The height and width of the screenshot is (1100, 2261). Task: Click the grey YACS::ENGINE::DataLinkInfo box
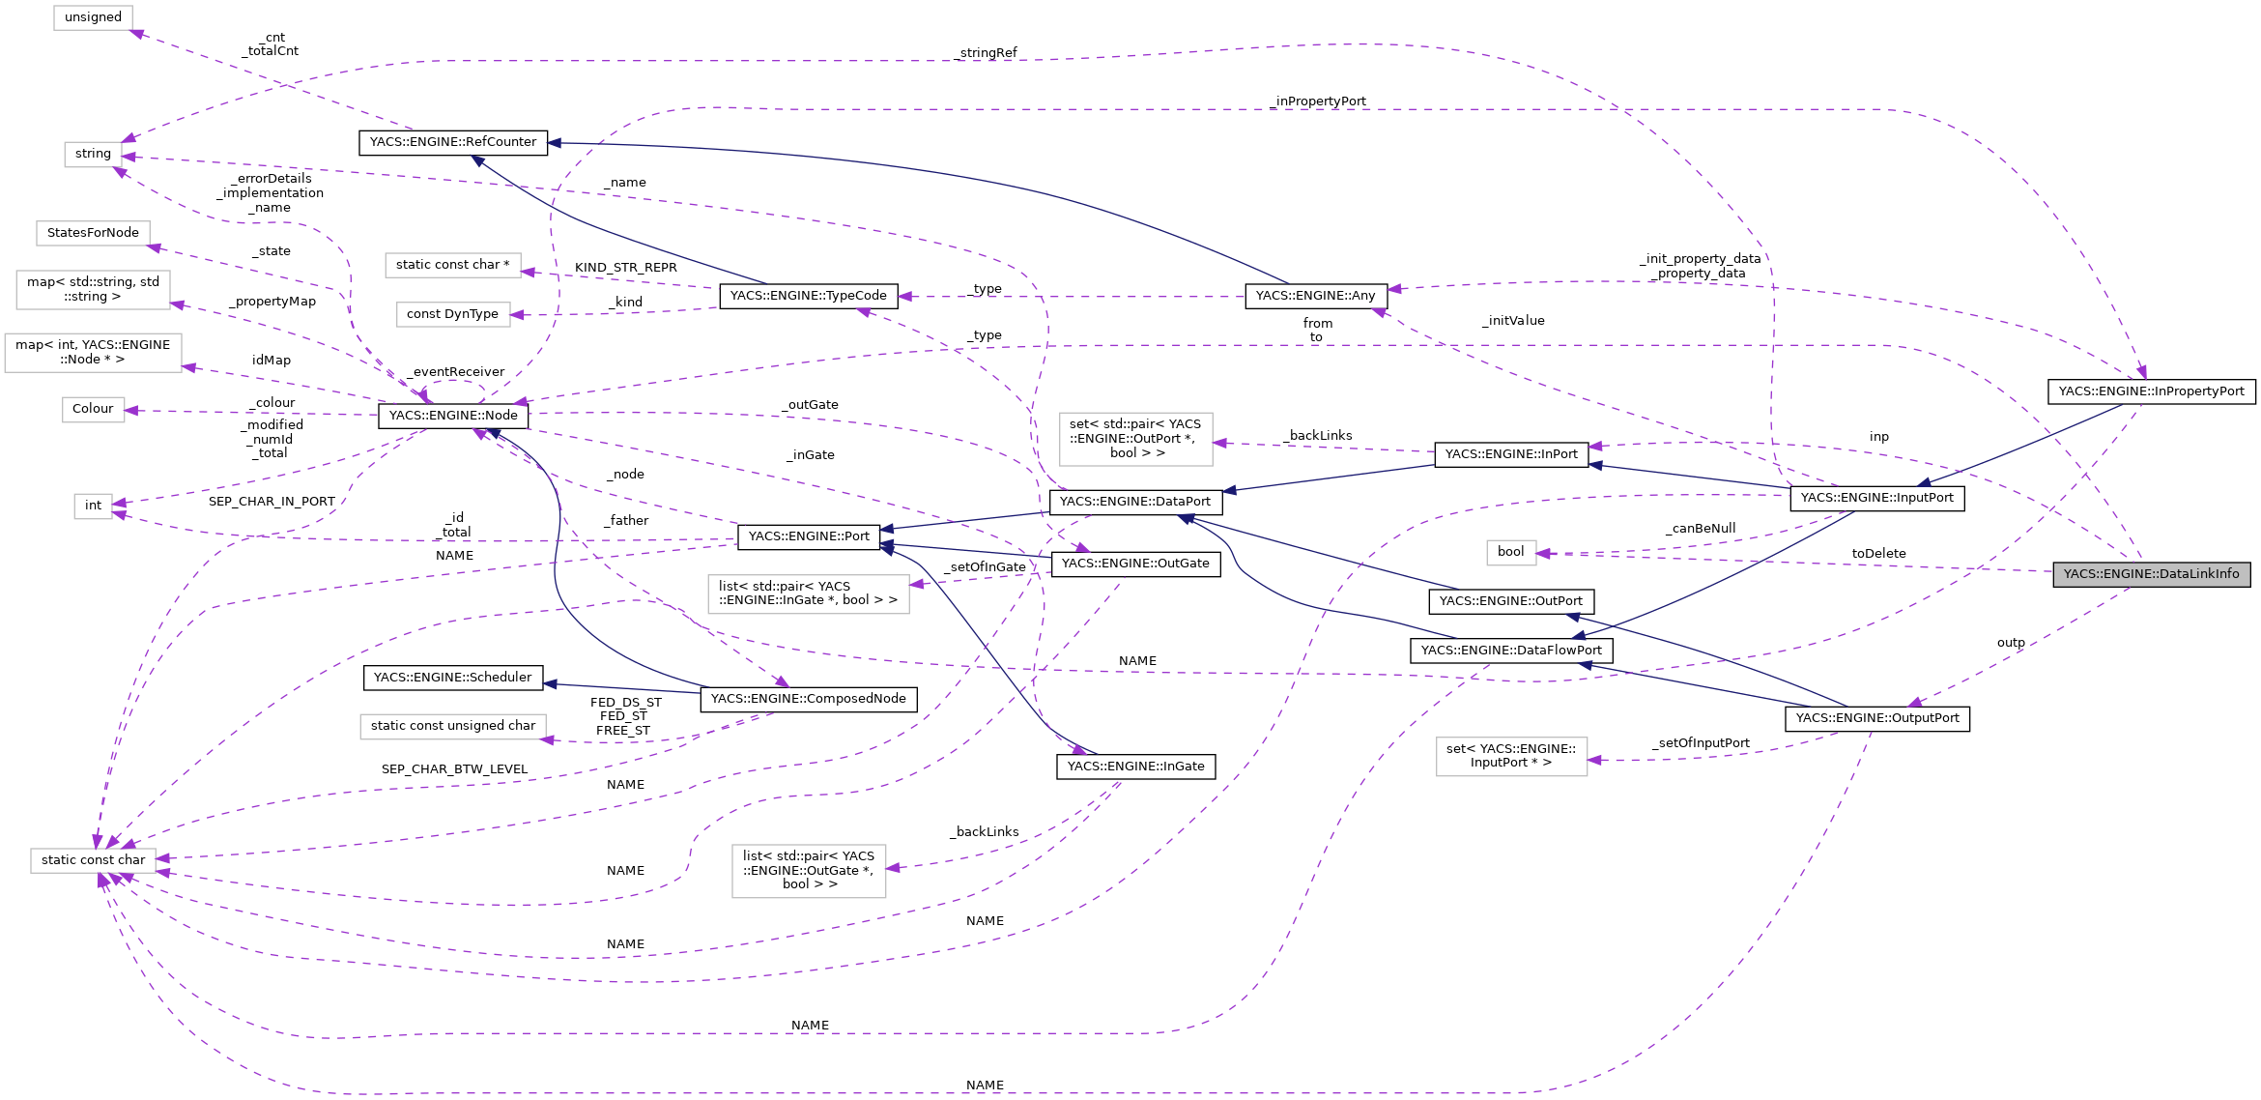[x=2151, y=574]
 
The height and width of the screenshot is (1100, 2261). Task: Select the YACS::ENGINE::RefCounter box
[x=453, y=142]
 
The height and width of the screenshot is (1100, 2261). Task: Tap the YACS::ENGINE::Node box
[x=453, y=416]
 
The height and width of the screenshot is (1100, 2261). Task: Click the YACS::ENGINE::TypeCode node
[x=808, y=296]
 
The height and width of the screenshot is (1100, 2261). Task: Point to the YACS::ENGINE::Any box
[x=1315, y=296]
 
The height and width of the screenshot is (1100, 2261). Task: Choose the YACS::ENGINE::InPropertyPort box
[x=2151, y=391]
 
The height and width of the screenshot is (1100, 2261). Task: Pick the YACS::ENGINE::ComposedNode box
[x=808, y=699]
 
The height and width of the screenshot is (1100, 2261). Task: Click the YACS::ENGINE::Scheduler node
[x=452, y=678]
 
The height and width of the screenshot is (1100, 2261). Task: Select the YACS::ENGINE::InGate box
[x=1135, y=767]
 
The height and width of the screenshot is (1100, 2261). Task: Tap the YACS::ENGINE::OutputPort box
[x=1876, y=718]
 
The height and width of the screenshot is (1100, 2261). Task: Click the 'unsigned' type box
[x=93, y=17]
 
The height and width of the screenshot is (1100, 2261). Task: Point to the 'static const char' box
[x=93, y=860]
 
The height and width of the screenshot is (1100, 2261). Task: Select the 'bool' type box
[x=1510, y=552]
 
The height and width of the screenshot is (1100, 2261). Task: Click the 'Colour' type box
[x=93, y=409]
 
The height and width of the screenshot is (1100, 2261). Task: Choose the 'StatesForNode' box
[x=93, y=233]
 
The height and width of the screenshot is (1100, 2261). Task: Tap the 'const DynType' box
[x=452, y=314]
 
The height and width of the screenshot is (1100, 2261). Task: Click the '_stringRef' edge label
[x=987, y=53]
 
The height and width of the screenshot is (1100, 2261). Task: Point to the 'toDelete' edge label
[x=1878, y=554]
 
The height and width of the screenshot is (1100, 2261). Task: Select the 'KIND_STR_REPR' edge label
[x=625, y=268]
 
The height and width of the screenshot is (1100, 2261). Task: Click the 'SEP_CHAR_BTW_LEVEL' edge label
[x=454, y=769]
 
